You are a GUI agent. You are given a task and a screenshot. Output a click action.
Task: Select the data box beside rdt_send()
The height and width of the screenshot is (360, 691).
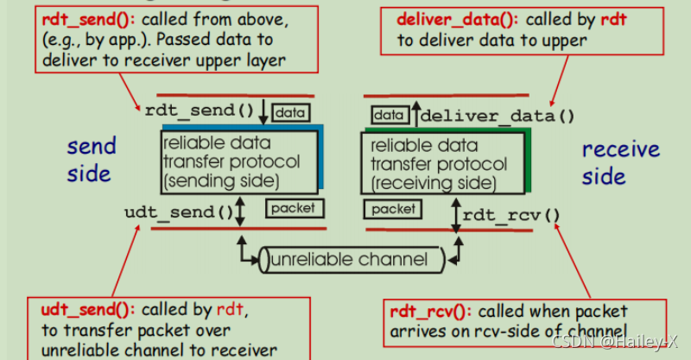[288, 111]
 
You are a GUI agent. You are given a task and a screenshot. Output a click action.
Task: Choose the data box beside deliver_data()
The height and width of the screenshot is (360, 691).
[389, 115]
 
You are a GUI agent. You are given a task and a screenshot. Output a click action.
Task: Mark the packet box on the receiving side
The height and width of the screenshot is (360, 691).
[393, 209]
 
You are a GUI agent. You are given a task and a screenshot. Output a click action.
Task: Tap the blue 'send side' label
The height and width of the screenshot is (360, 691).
[90, 161]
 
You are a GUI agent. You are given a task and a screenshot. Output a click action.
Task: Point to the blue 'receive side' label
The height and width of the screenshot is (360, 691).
[619, 162]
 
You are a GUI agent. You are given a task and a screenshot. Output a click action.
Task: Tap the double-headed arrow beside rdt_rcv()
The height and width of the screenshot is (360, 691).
[455, 215]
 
